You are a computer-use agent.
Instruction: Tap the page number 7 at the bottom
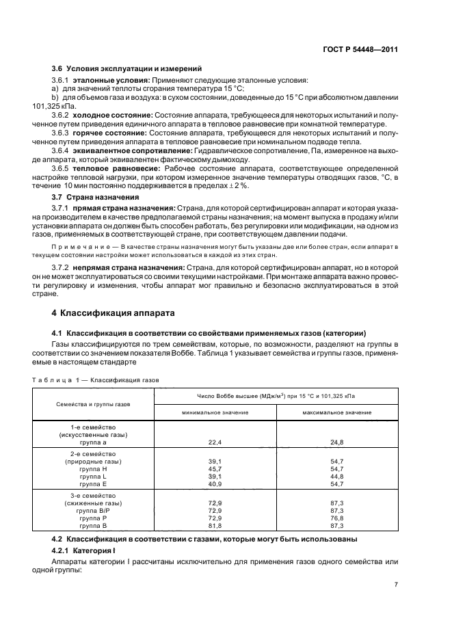(x=396, y=585)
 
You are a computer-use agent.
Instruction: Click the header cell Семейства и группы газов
(x=94, y=404)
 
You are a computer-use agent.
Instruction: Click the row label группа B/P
(x=94, y=511)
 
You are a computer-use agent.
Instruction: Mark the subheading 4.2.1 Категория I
(x=81, y=550)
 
